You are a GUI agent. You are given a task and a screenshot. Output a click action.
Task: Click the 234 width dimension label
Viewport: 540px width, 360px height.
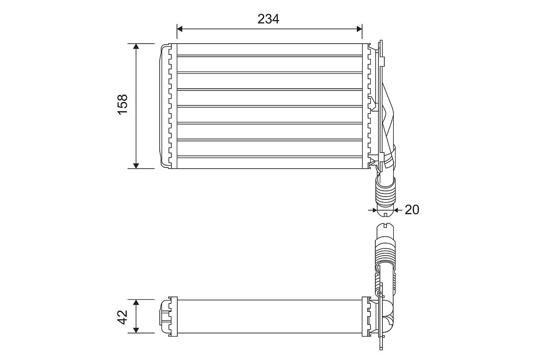(x=268, y=19)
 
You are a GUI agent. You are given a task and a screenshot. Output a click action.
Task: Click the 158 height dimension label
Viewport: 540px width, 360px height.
(x=123, y=104)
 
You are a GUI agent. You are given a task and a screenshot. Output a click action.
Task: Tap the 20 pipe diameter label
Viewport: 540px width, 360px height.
(x=412, y=210)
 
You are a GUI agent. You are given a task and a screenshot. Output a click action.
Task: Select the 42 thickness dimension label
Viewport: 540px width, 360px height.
(x=123, y=317)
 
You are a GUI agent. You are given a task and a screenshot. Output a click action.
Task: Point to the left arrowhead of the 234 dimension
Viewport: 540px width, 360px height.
(x=180, y=29)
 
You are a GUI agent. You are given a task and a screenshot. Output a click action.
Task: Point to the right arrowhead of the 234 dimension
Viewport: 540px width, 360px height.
(x=359, y=29)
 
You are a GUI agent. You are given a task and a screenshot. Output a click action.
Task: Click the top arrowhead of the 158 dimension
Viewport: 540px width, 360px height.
(x=136, y=46)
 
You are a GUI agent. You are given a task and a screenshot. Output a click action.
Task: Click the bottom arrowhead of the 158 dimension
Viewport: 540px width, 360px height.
(x=136, y=166)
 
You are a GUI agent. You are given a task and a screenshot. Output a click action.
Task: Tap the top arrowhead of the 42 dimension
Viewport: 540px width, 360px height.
(x=136, y=302)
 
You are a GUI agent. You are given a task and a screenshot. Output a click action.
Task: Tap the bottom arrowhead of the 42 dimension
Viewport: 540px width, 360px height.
(x=136, y=330)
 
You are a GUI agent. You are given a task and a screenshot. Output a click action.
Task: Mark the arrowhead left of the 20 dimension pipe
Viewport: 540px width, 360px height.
(x=374, y=210)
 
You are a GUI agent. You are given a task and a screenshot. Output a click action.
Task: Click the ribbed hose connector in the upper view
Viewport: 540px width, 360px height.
(x=385, y=190)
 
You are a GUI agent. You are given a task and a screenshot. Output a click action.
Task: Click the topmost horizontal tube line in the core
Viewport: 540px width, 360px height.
(x=270, y=56)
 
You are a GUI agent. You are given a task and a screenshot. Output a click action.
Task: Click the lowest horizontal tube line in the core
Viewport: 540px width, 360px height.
(x=270, y=157)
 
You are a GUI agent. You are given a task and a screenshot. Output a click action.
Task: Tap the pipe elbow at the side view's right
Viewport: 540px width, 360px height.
(x=387, y=316)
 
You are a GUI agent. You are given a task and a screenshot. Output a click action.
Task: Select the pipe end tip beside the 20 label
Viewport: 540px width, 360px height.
(x=385, y=212)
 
